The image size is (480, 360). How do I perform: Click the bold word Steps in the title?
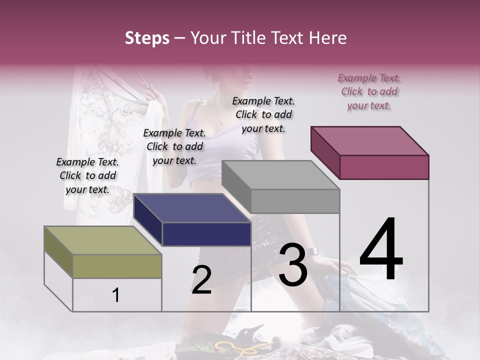point(147,38)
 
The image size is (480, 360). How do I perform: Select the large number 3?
point(292,264)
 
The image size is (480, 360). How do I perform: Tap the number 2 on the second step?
point(201,279)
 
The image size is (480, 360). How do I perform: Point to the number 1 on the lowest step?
point(115,295)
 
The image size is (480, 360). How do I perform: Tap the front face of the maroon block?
point(384,167)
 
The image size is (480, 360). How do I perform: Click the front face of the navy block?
point(206,234)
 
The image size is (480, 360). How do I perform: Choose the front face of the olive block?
point(117,266)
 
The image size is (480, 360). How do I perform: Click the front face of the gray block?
point(295,201)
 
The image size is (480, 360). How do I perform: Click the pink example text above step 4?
point(369,92)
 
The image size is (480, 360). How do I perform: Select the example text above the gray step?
point(263,114)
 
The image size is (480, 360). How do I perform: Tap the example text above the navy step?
point(174,146)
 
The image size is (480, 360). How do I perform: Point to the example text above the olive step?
point(87,175)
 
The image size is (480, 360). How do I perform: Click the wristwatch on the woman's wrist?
point(312,251)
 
